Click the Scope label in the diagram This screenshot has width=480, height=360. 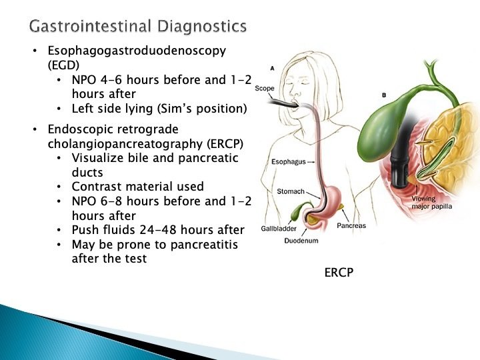click(x=264, y=88)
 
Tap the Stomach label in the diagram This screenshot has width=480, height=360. click(x=291, y=191)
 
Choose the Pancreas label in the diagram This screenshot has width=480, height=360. click(x=351, y=225)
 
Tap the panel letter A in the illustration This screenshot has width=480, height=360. click(x=272, y=68)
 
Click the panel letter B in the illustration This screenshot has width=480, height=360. click(x=383, y=95)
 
